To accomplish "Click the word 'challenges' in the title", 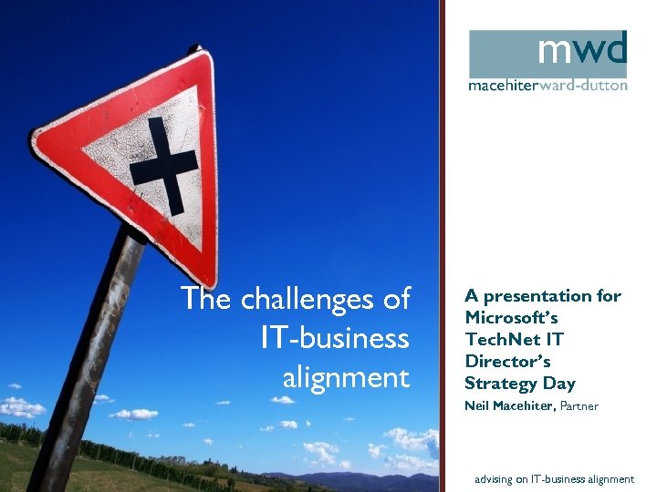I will point(318,300).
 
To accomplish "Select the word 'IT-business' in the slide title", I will point(335,338).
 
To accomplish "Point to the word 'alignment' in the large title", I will point(346,376).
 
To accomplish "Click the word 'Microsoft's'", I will point(511,317).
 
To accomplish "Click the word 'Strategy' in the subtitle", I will point(502,384).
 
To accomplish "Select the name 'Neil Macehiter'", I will point(509,406).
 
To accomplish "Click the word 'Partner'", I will point(579,406).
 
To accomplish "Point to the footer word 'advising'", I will point(495,479).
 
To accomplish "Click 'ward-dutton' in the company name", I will point(588,86).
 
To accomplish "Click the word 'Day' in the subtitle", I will point(560,384).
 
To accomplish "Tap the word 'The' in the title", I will point(202,299).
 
